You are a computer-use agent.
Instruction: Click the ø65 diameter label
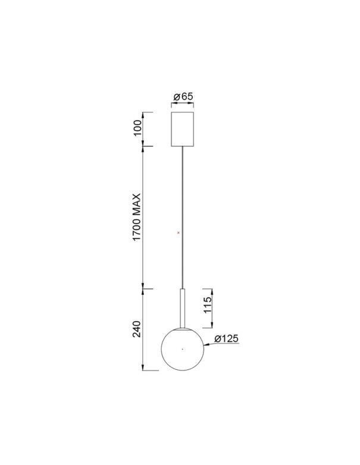[x=183, y=96]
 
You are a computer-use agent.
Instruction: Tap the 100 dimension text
[x=137, y=128]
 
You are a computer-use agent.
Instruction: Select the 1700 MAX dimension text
[x=136, y=217]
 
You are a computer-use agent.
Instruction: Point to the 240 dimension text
[x=137, y=329]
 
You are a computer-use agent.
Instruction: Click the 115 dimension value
[x=208, y=304]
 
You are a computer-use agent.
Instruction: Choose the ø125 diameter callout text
[x=226, y=339]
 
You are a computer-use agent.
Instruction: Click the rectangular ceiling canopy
[x=183, y=129]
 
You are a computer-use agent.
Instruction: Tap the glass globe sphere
[x=183, y=349]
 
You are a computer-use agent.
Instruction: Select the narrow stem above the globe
[x=183, y=309]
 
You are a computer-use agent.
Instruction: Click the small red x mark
[x=179, y=232]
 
